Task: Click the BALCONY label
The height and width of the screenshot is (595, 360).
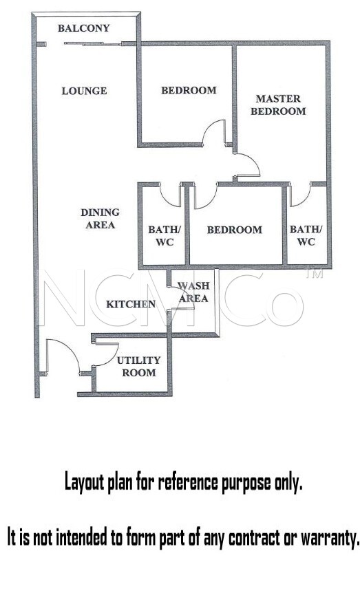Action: [83, 28]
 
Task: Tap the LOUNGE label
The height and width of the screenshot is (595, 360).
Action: [84, 91]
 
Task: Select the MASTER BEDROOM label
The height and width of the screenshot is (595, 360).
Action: [278, 105]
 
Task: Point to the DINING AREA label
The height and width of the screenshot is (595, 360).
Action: [100, 219]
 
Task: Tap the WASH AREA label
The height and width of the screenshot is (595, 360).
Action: [193, 292]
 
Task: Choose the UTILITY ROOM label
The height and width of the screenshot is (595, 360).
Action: [138, 367]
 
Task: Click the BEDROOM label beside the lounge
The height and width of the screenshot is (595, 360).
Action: [189, 90]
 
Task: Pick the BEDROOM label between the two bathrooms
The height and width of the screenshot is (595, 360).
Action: [234, 230]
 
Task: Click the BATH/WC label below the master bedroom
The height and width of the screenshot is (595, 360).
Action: [306, 235]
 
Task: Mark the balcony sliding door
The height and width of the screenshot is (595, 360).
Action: [93, 44]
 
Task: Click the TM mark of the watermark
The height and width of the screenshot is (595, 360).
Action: [315, 274]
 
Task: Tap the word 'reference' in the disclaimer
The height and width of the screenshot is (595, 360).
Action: [188, 483]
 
